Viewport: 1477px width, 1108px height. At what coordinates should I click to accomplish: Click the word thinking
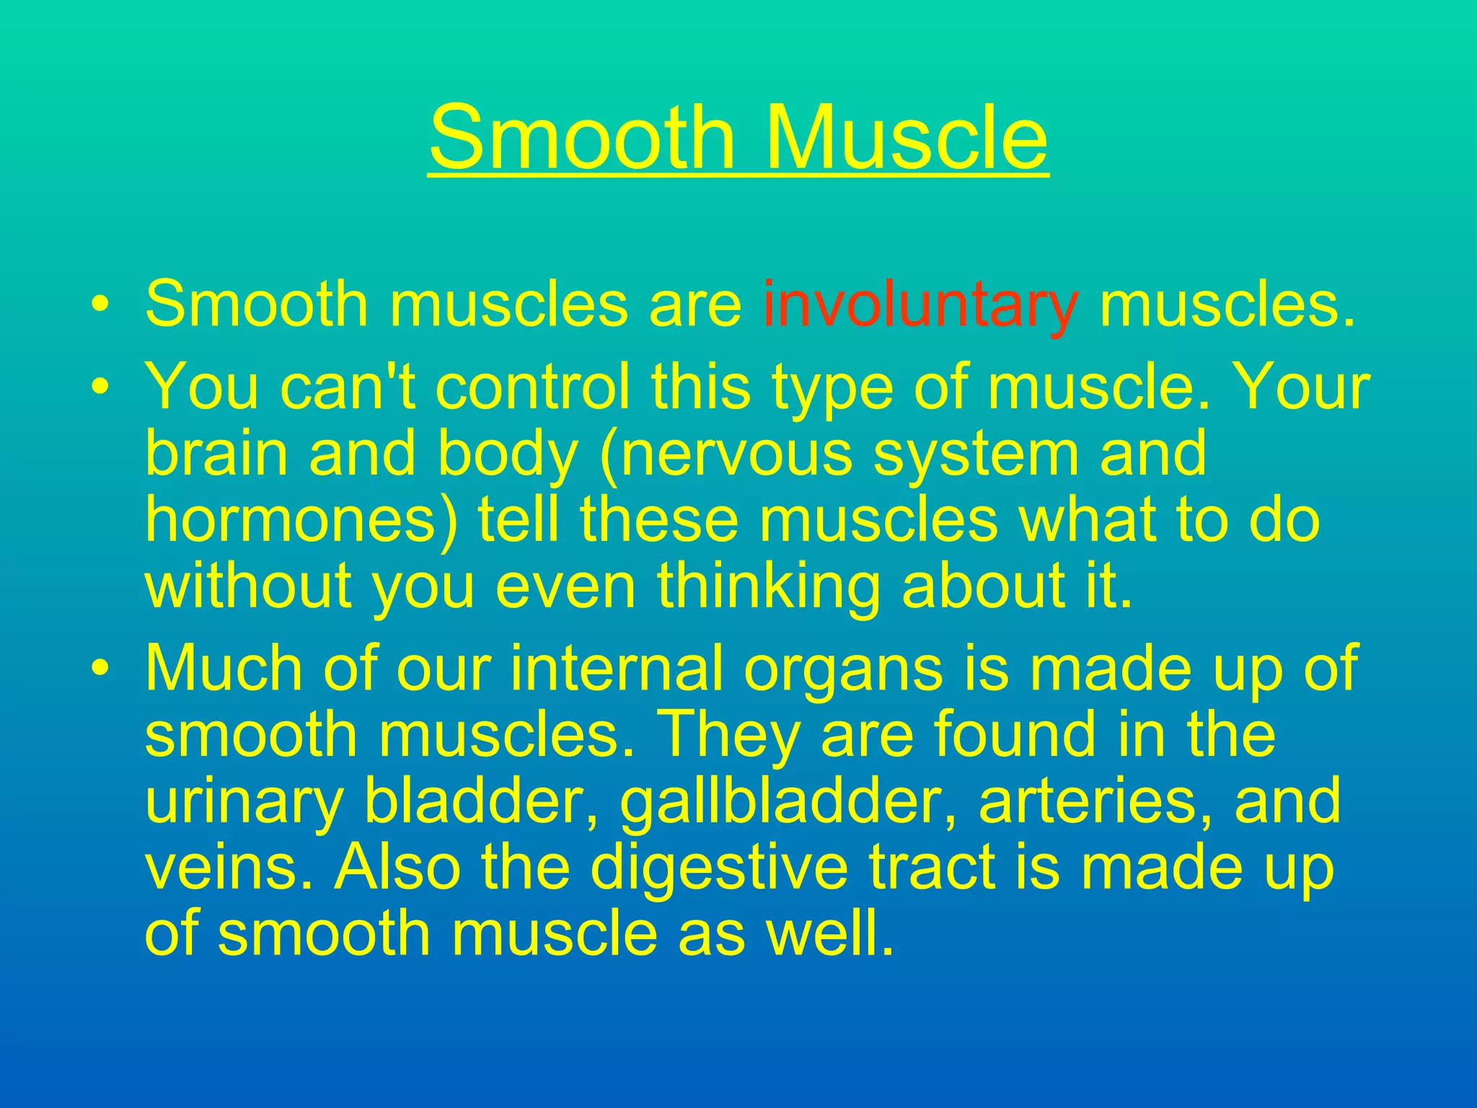coord(768,586)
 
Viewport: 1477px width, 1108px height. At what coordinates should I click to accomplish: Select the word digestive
coord(718,869)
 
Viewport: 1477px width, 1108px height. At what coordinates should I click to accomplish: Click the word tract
coord(930,867)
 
